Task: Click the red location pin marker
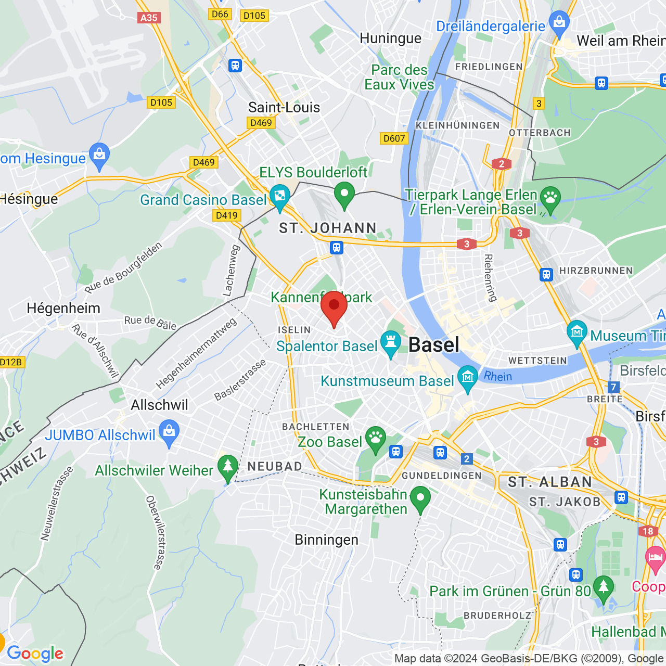[x=334, y=308]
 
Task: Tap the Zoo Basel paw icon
[x=375, y=439]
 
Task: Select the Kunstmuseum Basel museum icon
[x=468, y=378]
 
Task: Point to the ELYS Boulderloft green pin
[x=344, y=195]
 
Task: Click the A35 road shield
[x=149, y=18]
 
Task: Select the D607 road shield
[x=394, y=138]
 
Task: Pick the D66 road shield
[x=220, y=14]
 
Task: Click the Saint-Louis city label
[x=284, y=108]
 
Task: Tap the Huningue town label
[x=390, y=39]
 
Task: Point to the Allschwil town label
[x=159, y=405]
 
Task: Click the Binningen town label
[x=326, y=540]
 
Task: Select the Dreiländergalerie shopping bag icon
[x=559, y=23]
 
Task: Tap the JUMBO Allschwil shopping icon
[x=169, y=433]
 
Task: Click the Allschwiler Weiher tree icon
[x=227, y=467]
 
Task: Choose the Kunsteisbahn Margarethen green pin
[x=420, y=499]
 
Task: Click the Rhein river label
[x=498, y=376]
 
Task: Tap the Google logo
[x=35, y=654]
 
